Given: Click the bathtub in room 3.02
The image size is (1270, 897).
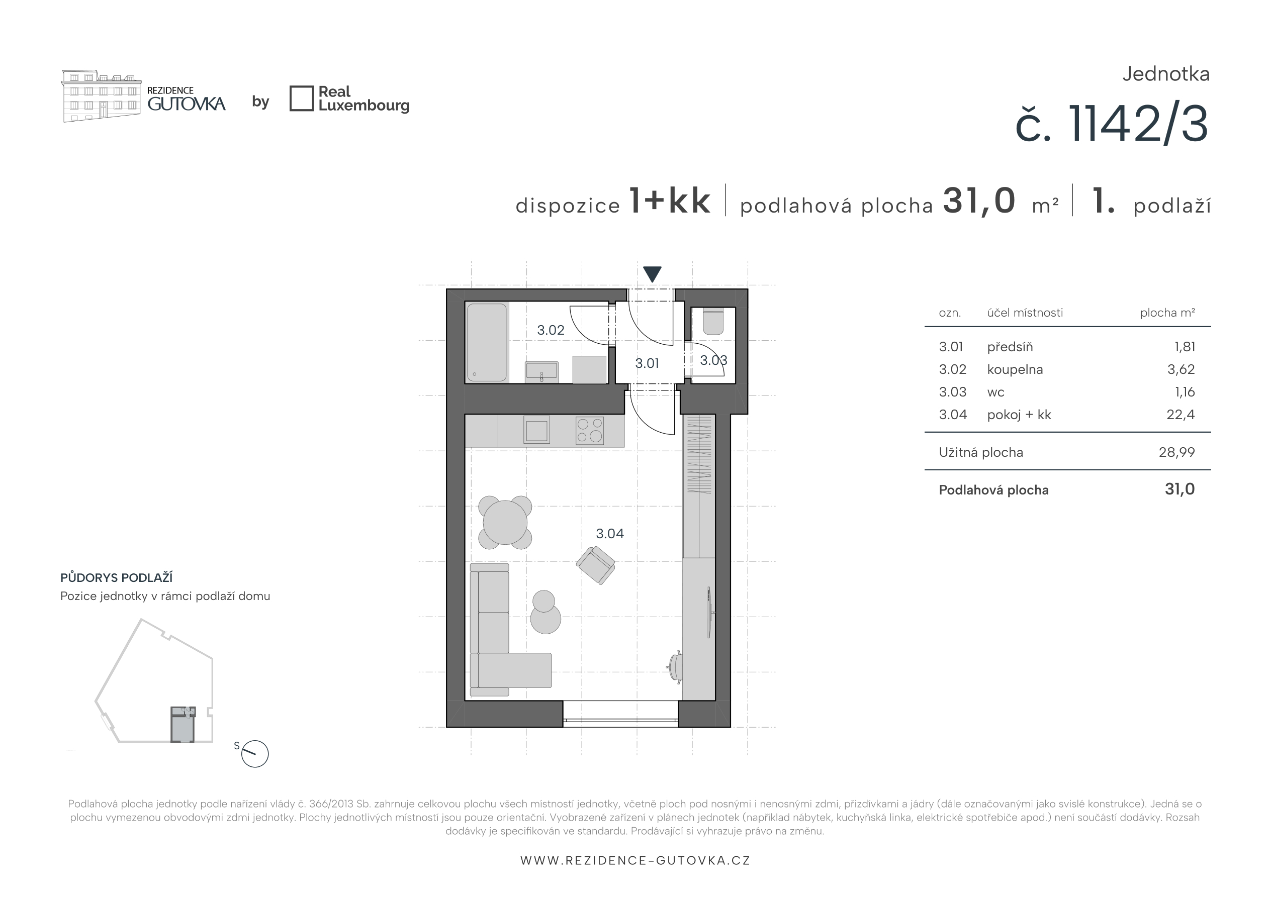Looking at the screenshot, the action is pos(487,342).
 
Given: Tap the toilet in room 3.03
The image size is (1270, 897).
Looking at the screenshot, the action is pos(713,321).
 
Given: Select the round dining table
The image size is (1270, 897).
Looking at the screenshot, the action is pos(505,523).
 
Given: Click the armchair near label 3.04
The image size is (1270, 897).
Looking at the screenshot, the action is pos(596,565).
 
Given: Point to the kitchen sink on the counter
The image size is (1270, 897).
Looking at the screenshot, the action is pos(536,430).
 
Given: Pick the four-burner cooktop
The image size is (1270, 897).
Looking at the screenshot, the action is pos(589,430).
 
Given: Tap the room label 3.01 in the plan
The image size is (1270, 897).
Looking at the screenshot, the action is pos(647,363).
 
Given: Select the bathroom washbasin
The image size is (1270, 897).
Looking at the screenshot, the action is pos(541,372).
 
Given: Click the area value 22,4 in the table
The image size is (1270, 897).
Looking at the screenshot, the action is pos(1181,415).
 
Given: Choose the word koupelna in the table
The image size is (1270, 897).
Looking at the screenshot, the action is pos(1015,369).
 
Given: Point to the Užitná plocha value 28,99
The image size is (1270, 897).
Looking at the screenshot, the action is pos(1176,452).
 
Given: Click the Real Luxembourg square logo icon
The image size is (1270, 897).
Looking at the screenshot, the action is pos(302,98).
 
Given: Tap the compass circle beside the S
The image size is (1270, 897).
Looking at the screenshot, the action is pos(255,754).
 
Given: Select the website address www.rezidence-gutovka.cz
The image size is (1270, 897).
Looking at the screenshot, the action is pos(635,860).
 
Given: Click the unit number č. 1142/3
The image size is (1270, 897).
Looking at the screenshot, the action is pos(1112,125).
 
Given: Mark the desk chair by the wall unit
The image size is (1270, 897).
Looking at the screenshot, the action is pos(675,667).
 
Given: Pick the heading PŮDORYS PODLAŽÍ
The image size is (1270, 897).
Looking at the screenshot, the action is pos(116,577).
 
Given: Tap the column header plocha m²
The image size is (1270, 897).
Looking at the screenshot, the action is pos(1167,313).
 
